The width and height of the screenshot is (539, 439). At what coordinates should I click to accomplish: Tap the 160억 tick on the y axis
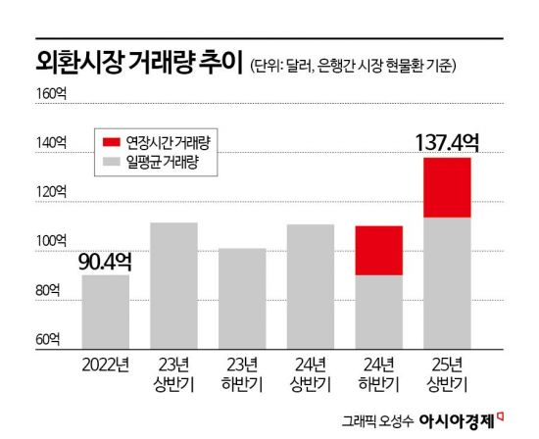coord(51,94)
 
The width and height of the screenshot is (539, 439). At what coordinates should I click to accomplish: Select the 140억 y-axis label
coord(51,143)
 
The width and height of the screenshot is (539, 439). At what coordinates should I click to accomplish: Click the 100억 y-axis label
coord(51,241)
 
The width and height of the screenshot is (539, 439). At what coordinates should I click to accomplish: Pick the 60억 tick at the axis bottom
coord(51,339)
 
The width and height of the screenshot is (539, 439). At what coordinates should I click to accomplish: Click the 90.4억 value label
coord(105,262)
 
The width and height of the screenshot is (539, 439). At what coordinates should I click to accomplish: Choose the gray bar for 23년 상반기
coord(173,285)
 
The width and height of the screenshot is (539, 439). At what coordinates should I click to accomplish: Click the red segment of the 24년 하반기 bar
coord(378,250)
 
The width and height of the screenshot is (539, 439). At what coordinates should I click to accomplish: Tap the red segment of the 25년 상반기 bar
coord(447,187)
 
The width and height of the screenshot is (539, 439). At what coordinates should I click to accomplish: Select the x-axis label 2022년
coord(105,362)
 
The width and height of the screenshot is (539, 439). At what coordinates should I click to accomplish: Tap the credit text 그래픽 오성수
coord(377,421)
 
